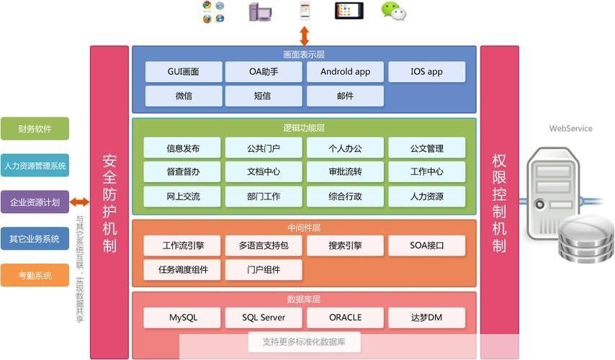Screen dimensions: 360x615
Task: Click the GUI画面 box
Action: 183,72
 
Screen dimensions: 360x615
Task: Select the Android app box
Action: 345,72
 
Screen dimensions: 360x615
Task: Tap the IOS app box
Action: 426,72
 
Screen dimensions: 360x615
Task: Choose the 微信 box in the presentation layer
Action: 183,96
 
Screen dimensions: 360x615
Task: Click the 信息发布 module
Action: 183,148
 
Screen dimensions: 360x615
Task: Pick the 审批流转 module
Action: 345,172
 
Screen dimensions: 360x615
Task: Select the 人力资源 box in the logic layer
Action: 426,196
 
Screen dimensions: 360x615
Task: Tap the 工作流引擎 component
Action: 183,246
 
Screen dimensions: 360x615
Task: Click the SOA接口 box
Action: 426,246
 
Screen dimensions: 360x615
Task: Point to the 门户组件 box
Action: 264,270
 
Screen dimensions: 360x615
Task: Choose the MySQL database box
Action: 183,318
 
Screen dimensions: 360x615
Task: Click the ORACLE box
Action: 345,318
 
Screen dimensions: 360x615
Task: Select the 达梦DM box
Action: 426,318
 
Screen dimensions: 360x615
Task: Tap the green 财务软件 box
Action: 35,129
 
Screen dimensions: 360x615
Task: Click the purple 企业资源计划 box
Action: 35,202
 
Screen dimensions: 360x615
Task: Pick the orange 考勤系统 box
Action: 35,276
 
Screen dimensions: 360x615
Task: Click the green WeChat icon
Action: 393,11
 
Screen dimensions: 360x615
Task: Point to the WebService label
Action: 570,129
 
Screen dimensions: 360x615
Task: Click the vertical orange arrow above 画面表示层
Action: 305,35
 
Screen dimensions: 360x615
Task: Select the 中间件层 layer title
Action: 304,228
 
